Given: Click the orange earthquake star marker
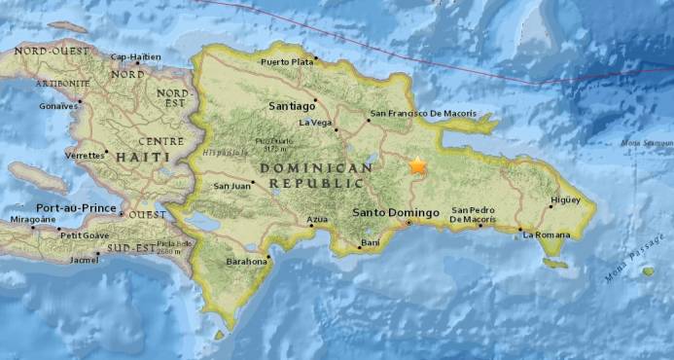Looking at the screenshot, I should coord(417,165).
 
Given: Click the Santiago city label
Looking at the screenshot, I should coord(291,104).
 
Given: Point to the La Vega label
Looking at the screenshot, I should coord(315,123).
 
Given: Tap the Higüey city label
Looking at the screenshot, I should coord(565,199).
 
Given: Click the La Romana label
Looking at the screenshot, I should coord(544,234).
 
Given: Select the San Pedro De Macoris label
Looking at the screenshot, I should coord(476,215).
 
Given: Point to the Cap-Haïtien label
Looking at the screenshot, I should coord(136,57).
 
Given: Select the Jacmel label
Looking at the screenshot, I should coord(85,260).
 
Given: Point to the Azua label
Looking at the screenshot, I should coord(316,221).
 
